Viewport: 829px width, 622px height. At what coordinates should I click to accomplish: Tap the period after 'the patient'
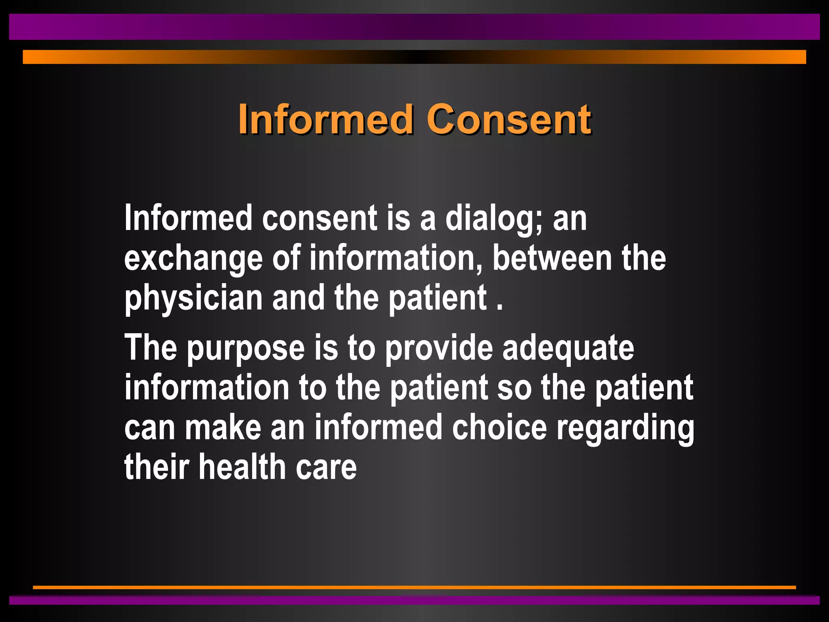pos(500,308)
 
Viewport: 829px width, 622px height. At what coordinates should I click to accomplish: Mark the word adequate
pos(568,348)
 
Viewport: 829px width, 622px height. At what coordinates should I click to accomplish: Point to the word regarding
pos(625,428)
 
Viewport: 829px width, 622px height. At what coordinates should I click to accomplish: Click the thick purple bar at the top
pos(414,27)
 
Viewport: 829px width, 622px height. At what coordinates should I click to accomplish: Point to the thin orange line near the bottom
pos(414,587)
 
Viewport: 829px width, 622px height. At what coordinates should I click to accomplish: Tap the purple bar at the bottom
pos(414,600)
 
